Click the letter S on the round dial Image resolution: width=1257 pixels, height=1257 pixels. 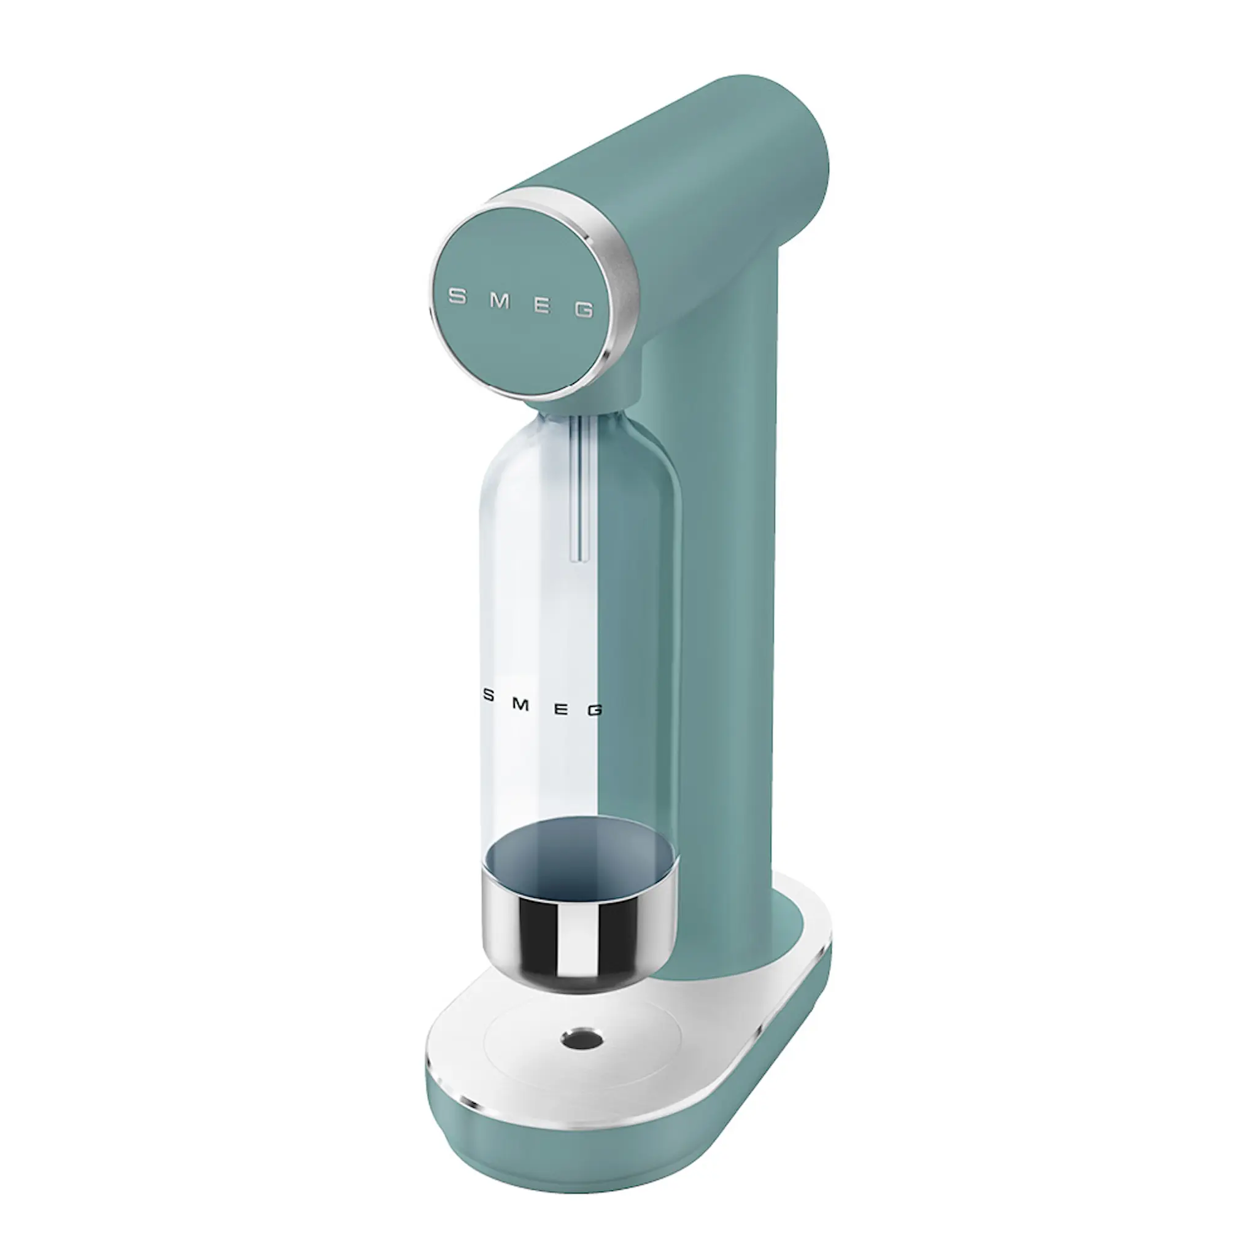(458, 297)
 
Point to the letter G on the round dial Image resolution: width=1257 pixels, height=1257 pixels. (584, 311)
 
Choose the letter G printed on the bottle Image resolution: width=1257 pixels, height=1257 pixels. (594, 711)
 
